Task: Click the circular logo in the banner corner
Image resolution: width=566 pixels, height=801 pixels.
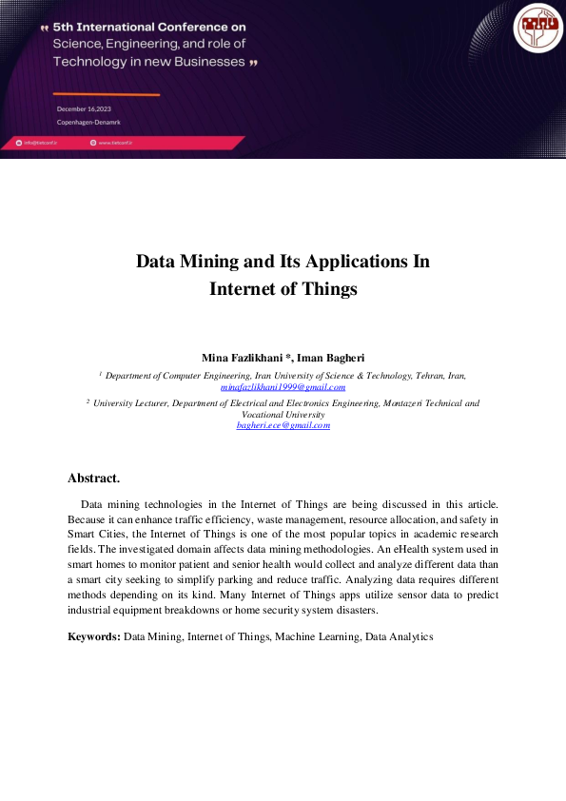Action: pyautogui.click(x=538, y=27)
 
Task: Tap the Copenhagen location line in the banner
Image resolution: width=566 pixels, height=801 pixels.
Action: pyautogui.click(x=88, y=123)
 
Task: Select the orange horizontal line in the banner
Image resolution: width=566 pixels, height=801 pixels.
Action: pyautogui.click(x=106, y=94)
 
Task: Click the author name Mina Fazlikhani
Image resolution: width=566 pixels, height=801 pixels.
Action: pyautogui.click(x=242, y=358)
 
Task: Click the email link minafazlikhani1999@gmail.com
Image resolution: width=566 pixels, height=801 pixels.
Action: pyautogui.click(x=283, y=387)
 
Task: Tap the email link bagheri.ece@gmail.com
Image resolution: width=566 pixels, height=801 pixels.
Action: pyautogui.click(x=283, y=425)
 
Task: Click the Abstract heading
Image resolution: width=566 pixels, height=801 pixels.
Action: pyautogui.click(x=93, y=478)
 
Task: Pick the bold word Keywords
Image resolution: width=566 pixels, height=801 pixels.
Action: pyautogui.click(x=93, y=635)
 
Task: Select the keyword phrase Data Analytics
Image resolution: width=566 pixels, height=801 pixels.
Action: pyautogui.click(x=399, y=635)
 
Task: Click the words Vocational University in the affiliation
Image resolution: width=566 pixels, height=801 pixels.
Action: pyautogui.click(x=283, y=415)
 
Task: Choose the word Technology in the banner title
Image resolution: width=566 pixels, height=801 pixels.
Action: pyautogui.click(x=89, y=61)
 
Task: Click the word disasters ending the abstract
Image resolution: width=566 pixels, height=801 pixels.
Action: pyautogui.click(x=352, y=610)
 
